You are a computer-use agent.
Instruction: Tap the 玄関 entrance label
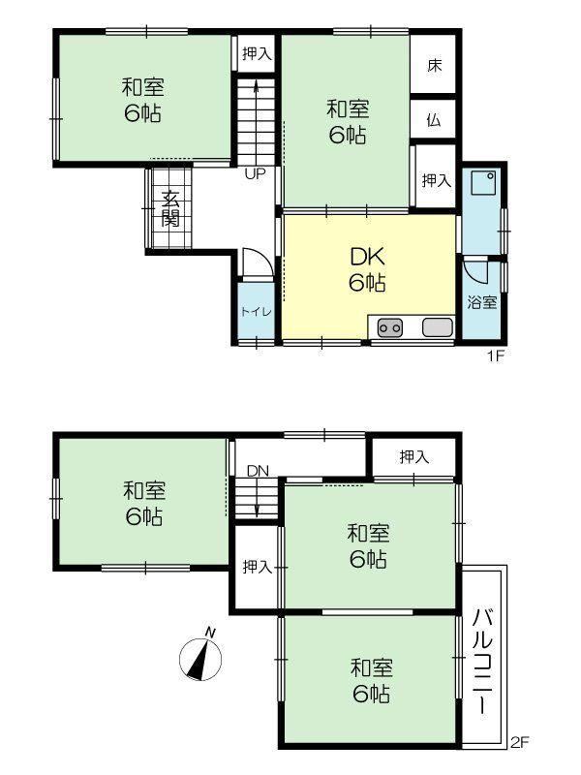pos(171,208)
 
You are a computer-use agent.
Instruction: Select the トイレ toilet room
pos(256,311)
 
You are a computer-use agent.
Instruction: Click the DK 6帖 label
pos(367,269)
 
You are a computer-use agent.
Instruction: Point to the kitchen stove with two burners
pos(390,327)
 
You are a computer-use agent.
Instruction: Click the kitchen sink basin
pos(438,327)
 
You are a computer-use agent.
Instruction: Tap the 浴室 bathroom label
pos(482,302)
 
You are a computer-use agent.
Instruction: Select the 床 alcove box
pos(433,64)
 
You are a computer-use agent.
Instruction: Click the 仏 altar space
pos(433,119)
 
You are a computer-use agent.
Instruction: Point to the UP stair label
pos(256,174)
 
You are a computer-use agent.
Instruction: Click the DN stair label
pos(258,471)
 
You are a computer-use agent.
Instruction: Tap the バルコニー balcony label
pos(482,662)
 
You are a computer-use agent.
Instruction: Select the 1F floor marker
pos(496,356)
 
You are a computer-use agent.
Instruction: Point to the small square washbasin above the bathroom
pos(482,183)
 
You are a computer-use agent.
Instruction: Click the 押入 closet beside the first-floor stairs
pos(257,53)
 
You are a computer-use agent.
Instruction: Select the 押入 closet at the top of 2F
pos(414,457)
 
